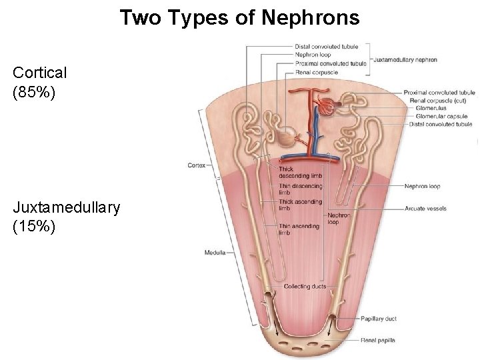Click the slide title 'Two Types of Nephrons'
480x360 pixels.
point(239,17)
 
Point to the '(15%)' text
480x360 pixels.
point(30,227)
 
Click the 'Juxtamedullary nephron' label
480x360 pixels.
point(405,59)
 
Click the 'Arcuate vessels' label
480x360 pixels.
point(425,209)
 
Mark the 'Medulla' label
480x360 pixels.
point(215,253)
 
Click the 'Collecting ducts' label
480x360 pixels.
point(305,287)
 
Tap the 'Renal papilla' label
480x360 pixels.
point(377,340)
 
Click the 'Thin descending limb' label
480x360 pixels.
point(300,189)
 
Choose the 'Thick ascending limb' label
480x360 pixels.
point(300,205)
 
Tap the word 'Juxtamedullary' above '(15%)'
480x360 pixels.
point(66,207)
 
